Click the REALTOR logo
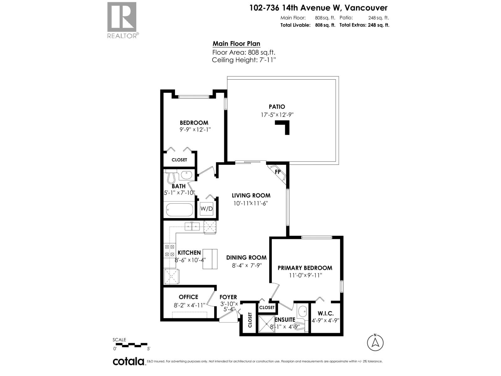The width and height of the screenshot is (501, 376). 122,20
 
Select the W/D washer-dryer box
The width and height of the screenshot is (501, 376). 206,209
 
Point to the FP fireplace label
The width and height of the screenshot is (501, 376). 277,172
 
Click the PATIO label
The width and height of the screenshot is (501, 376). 277,107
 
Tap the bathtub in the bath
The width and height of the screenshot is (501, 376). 179,210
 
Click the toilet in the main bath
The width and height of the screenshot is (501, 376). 171,177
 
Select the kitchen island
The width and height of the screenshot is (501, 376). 210,259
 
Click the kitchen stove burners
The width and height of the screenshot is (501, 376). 169,251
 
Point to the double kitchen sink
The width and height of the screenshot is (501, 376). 192,226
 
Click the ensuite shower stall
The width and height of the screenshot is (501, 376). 266,325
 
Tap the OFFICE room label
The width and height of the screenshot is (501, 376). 189,297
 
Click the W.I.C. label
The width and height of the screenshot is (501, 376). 325,313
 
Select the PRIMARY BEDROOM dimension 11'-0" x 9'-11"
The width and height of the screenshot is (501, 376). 306,275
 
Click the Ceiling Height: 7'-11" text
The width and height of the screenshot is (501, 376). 244,60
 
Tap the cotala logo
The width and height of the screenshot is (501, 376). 128,362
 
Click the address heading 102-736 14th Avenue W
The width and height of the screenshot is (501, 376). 318,8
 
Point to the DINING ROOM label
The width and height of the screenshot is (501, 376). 246,258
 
